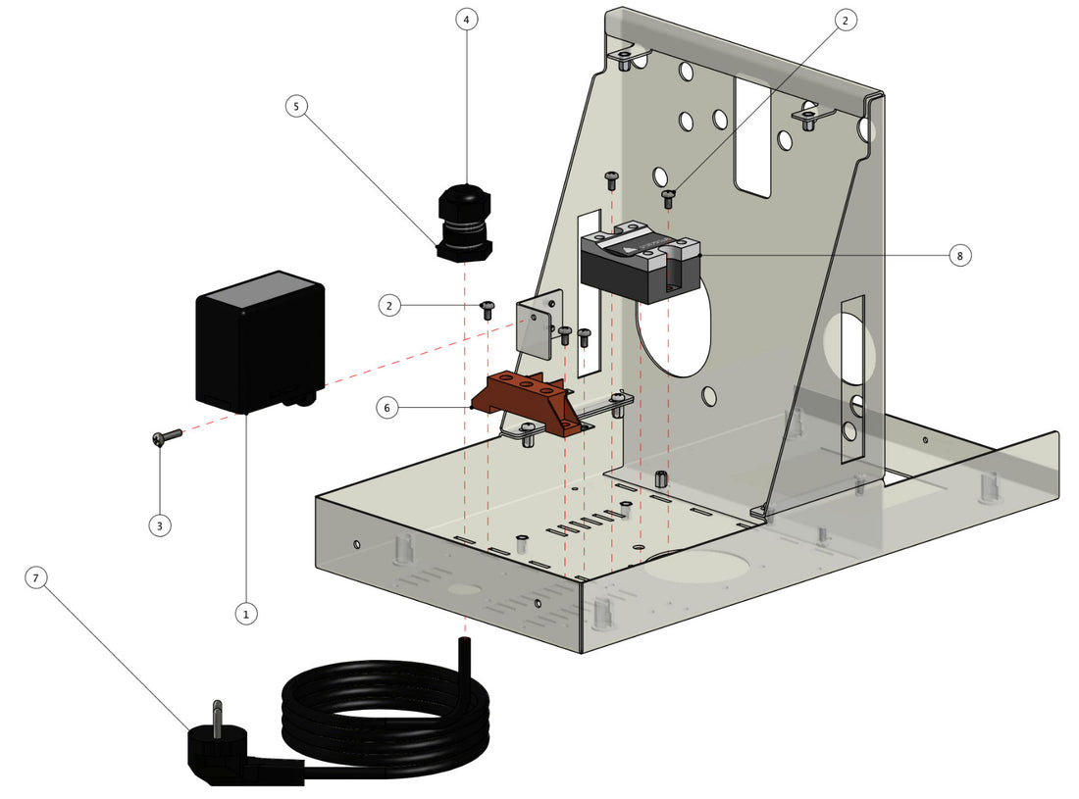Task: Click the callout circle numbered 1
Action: click(x=245, y=614)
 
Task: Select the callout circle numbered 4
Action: click(x=467, y=20)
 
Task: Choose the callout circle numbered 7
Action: click(x=36, y=579)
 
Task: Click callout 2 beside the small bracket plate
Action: click(x=390, y=306)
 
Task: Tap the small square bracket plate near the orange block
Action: click(x=538, y=324)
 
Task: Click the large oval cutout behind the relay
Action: click(x=677, y=333)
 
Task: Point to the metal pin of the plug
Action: click(x=218, y=713)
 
